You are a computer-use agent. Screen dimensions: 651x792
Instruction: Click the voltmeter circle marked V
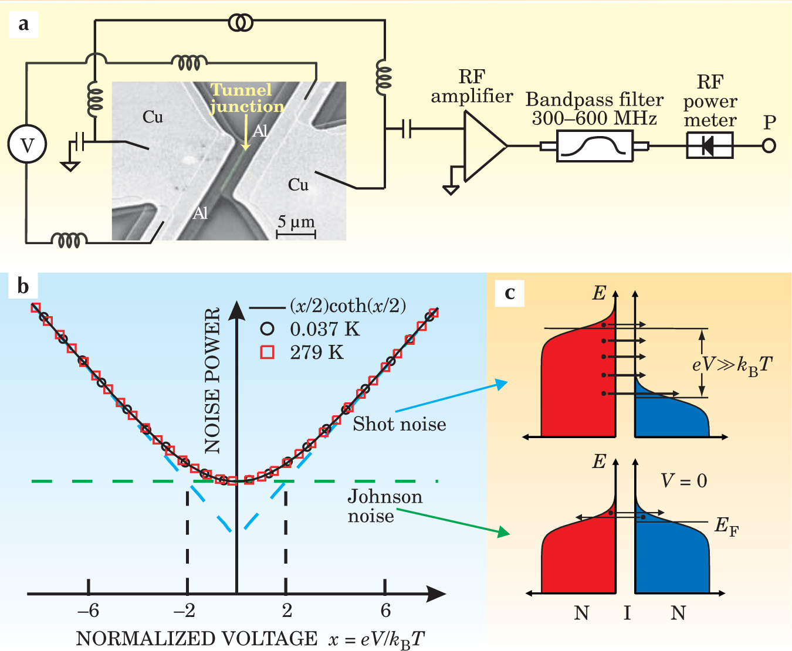[27, 145]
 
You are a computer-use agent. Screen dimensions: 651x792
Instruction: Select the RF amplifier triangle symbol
[482, 146]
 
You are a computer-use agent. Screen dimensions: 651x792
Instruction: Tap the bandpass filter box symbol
[594, 146]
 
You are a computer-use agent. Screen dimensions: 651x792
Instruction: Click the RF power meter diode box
[709, 145]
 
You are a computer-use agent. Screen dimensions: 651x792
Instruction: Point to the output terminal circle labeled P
[769, 145]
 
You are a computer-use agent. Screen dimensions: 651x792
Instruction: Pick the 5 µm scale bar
[296, 233]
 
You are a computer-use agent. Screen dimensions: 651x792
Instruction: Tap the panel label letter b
[23, 286]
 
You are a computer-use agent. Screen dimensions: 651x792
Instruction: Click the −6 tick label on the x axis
[88, 611]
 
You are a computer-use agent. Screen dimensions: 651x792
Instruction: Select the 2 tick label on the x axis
[286, 611]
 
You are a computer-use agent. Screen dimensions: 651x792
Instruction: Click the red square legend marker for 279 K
[268, 352]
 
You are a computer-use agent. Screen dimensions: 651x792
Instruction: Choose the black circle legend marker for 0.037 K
[268, 329]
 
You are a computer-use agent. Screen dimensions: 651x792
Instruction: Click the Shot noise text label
[399, 424]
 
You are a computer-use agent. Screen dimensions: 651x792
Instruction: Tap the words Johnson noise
[384, 506]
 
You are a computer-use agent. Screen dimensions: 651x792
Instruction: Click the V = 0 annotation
[683, 482]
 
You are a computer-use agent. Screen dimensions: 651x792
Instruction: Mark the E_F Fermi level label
[726, 526]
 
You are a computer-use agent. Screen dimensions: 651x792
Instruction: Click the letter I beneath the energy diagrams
[627, 613]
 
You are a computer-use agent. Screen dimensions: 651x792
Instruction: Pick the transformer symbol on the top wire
[241, 23]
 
